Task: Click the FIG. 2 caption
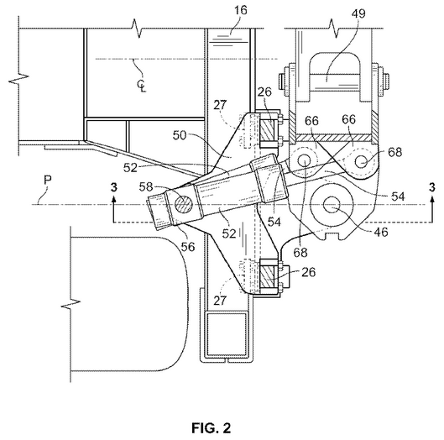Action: pyautogui.click(x=212, y=427)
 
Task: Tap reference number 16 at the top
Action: pyautogui.click(x=241, y=10)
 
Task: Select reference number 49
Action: pyautogui.click(x=358, y=13)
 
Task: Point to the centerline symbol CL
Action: pyautogui.click(x=142, y=86)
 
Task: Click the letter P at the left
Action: pyautogui.click(x=48, y=181)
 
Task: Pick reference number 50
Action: pyautogui.click(x=180, y=135)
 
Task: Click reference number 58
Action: pyautogui.click(x=146, y=186)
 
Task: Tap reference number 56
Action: pyautogui.click(x=188, y=247)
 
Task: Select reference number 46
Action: pyautogui.click(x=381, y=232)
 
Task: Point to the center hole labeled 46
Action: pyautogui.click(x=332, y=205)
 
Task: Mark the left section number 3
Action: pyautogui.click(x=114, y=187)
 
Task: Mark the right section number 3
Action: pyautogui.click(x=431, y=187)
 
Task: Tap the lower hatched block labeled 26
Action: pyautogui.click(x=267, y=276)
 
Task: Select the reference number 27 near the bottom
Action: pyautogui.click(x=220, y=301)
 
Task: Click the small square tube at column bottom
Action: pyautogui.click(x=226, y=334)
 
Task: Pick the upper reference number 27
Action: pyautogui.click(x=220, y=105)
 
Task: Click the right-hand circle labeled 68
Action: pyautogui.click(x=361, y=162)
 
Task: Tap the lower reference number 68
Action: pyautogui.click(x=300, y=252)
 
